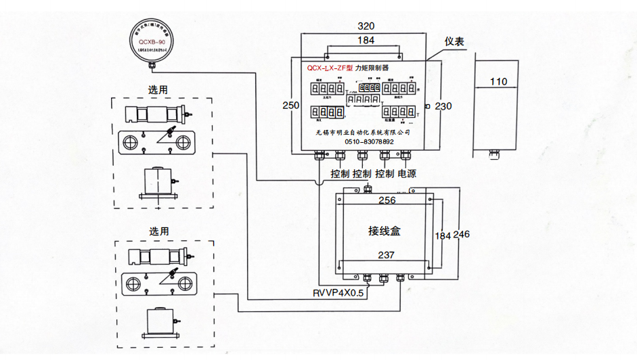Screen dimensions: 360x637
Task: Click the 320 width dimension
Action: point(366,26)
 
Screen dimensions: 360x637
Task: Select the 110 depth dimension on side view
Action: point(498,82)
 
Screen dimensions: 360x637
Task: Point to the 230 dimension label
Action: point(443,106)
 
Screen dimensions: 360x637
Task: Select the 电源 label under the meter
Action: point(407,174)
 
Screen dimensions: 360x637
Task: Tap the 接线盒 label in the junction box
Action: point(385,231)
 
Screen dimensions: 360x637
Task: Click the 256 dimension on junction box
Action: point(387,200)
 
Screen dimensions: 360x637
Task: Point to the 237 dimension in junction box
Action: point(386,256)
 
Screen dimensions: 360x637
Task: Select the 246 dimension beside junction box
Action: point(461,234)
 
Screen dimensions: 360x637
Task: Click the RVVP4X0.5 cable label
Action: point(338,293)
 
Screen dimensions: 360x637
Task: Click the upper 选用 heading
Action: point(158,89)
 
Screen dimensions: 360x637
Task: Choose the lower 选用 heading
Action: point(158,231)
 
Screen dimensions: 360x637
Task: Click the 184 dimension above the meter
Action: point(366,41)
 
